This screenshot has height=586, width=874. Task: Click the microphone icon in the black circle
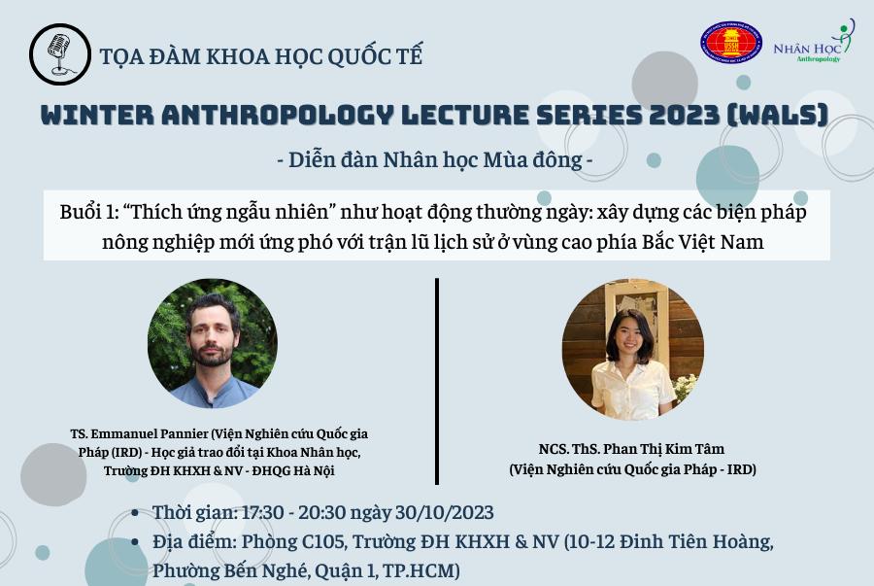tap(59, 54)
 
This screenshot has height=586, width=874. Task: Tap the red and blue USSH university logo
tap(731, 43)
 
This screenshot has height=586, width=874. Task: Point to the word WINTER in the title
tap(97, 116)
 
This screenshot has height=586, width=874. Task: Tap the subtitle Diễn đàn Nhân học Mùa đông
tap(435, 160)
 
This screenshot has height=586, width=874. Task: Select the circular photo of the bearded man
tap(213, 343)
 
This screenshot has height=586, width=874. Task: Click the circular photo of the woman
tap(632, 350)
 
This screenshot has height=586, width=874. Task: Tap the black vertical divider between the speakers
tap(437, 381)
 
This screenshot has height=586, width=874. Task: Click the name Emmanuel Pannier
tap(151, 433)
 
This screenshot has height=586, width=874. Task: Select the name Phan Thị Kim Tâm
tap(664, 449)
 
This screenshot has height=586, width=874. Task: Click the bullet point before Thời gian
tap(134, 513)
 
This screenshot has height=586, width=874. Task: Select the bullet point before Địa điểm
tap(134, 542)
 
